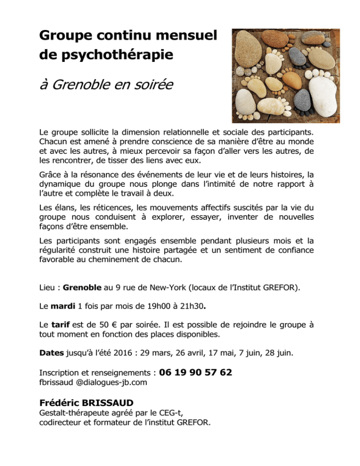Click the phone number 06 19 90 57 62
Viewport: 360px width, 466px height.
tap(195, 372)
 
